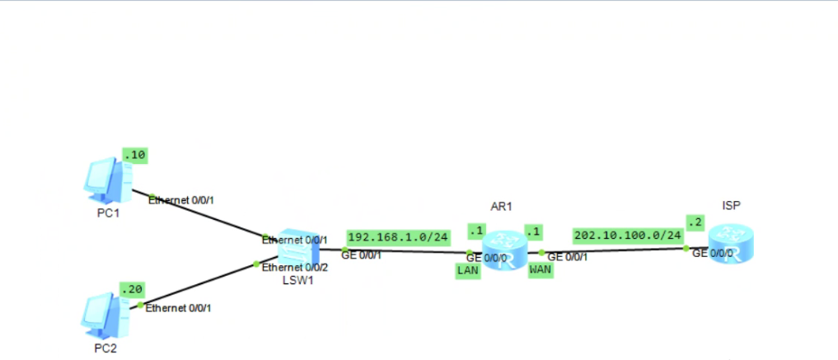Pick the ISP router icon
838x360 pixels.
pos(731,245)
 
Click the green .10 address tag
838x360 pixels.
pos(133,155)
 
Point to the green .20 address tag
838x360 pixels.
pos(132,289)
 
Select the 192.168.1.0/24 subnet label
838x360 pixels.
pos(398,236)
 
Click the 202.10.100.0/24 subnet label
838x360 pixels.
pos(628,235)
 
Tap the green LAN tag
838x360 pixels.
pos(466,270)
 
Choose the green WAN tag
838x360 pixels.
pos(540,270)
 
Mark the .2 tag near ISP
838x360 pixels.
pos(695,222)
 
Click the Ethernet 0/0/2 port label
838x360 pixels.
pos(295,268)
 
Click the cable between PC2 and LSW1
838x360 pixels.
pos(198,283)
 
